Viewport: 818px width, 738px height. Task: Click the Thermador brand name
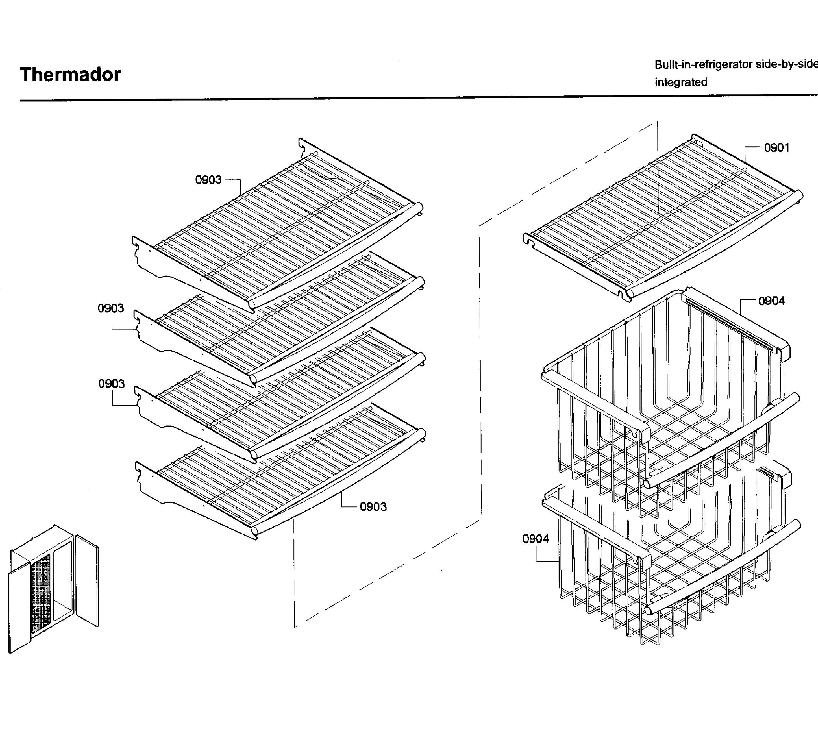click(70, 75)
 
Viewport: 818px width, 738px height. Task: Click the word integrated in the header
click(681, 82)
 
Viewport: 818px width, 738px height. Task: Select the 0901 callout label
click(776, 148)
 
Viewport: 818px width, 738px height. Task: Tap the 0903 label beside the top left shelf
click(208, 180)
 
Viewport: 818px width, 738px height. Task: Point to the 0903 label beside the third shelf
click(111, 383)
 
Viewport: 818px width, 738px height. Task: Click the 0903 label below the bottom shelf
click(373, 506)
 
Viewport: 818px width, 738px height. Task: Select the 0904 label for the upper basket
click(771, 301)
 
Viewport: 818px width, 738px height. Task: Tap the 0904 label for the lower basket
click(535, 539)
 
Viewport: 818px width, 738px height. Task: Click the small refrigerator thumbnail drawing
click(53, 588)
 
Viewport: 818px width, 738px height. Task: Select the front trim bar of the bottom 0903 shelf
click(336, 483)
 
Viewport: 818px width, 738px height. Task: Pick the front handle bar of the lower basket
click(721, 568)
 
